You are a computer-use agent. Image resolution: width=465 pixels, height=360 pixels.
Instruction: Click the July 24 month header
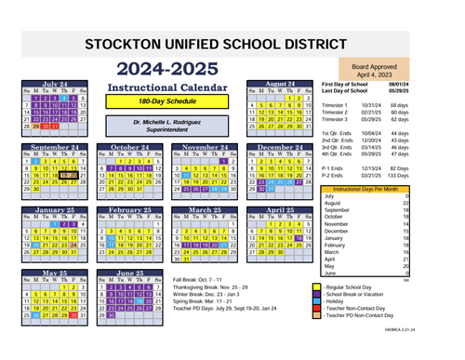pyautogui.click(x=55, y=83)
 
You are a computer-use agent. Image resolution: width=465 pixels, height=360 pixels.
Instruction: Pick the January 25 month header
pyautogui.click(x=55, y=210)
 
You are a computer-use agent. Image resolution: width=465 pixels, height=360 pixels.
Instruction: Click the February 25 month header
pyautogui.click(x=130, y=210)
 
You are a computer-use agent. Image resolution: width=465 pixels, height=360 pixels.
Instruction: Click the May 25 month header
pyautogui.click(x=55, y=274)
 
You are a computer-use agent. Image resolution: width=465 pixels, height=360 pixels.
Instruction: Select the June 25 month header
pyautogui.click(x=130, y=274)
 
